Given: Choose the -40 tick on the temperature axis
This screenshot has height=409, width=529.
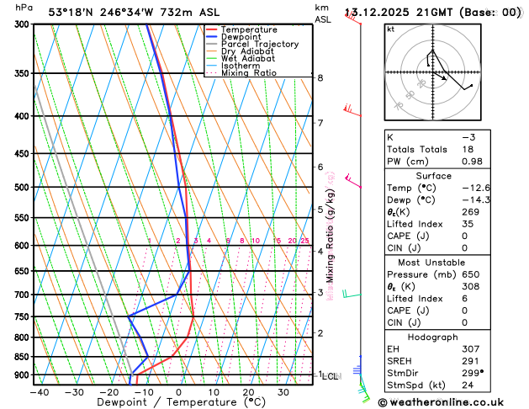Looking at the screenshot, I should tap(39, 392).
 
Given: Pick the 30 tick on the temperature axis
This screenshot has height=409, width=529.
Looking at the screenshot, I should tap(283, 392).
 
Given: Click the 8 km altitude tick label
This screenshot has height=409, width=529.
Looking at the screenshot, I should tap(320, 78).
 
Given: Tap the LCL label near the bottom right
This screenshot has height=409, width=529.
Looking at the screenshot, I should tap(331, 376).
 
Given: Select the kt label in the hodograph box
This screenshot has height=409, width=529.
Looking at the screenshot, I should tap(390, 29).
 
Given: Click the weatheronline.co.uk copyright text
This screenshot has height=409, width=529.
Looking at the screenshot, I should tap(455, 401).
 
